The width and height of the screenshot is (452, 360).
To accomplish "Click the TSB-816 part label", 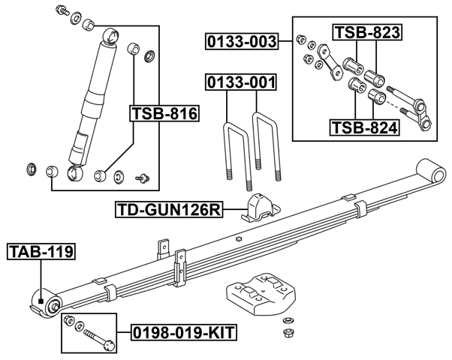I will tap(164, 114).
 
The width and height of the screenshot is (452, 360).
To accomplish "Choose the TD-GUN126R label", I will tap(169, 209).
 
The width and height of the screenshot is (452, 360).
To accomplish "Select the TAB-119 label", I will tap(41, 252).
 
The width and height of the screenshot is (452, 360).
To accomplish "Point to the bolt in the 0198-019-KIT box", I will tap(99, 337).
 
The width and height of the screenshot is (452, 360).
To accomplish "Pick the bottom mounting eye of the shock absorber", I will tap(75, 174).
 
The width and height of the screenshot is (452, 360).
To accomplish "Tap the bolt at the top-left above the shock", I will tap(64, 12).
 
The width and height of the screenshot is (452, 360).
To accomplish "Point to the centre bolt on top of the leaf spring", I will tap(237, 240).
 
